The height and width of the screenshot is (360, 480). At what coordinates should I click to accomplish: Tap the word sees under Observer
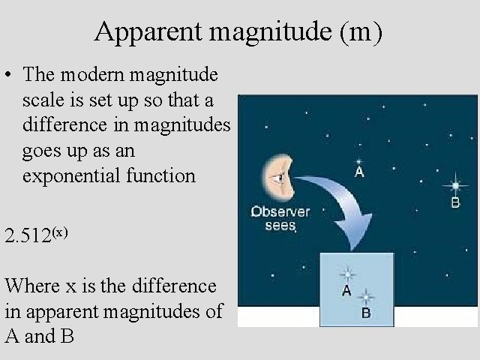pyautogui.click(x=280, y=225)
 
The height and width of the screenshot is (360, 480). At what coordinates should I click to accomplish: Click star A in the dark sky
pyautogui.click(x=358, y=160)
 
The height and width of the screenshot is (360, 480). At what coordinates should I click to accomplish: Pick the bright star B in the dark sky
pyautogui.click(x=454, y=184)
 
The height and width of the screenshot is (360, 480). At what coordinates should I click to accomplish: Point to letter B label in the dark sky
pyautogui.click(x=455, y=202)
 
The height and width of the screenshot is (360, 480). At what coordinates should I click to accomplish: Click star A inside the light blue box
pyautogui.click(x=348, y=274)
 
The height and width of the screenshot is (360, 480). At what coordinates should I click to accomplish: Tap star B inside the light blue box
pyautogui.click(x=366, y=296)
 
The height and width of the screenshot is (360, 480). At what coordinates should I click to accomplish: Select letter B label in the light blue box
pyautogui.click(x=366, y=313)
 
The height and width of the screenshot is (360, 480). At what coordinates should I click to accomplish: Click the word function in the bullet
pyautogui.click(x=162, y=177)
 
